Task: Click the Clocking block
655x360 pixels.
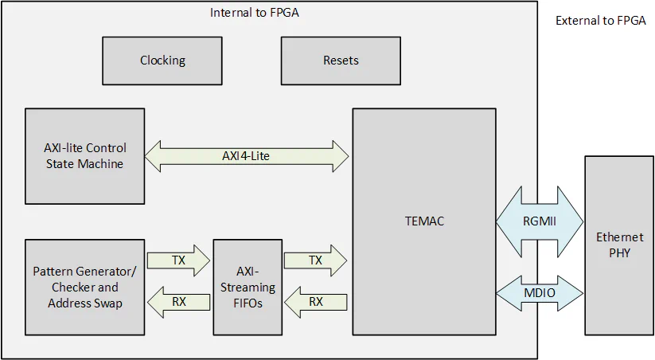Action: click(x=162, y=61)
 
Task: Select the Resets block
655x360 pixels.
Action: click(x=341, y=61)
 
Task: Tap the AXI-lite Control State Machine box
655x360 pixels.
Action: click(x=84, y=156)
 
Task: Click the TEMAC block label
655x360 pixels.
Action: click(x=423, y=221)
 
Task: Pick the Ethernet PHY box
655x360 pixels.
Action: click(x=619, y=245)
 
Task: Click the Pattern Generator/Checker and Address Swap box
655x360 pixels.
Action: click(x=84, y=287)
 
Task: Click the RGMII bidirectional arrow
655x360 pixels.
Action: click(x=540, y=221)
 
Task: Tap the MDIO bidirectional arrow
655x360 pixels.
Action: click(x=540, y=293)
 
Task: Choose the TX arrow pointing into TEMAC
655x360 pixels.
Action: click(x=316, y=260)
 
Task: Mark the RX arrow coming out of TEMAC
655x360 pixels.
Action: click(x=316, y=302)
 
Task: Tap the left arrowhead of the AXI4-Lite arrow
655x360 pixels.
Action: click(x=153, y=156)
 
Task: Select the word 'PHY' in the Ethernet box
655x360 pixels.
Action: click(x=619, y=252)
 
